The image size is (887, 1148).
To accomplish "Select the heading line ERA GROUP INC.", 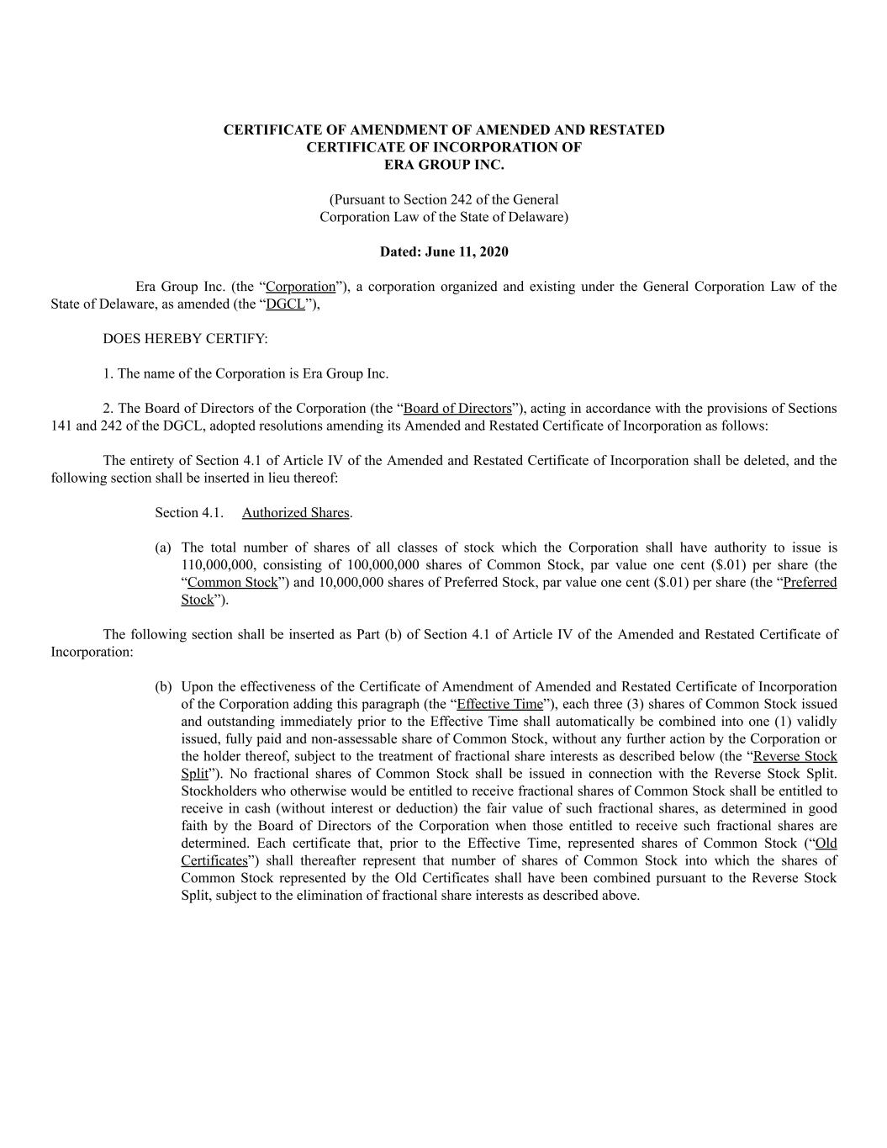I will coord(444,165).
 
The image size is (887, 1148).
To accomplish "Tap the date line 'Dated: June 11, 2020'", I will coord(444,251).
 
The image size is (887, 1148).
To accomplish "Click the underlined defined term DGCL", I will coord(285,304).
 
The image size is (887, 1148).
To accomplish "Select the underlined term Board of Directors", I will coord(457,409).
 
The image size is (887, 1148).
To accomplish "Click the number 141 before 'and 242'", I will coord(62,426).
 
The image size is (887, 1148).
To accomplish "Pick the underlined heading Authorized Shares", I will coord(295,513).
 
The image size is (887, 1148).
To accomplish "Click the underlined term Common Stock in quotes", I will coord(232,583).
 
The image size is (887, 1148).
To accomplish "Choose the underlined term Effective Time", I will coord(499,704).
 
